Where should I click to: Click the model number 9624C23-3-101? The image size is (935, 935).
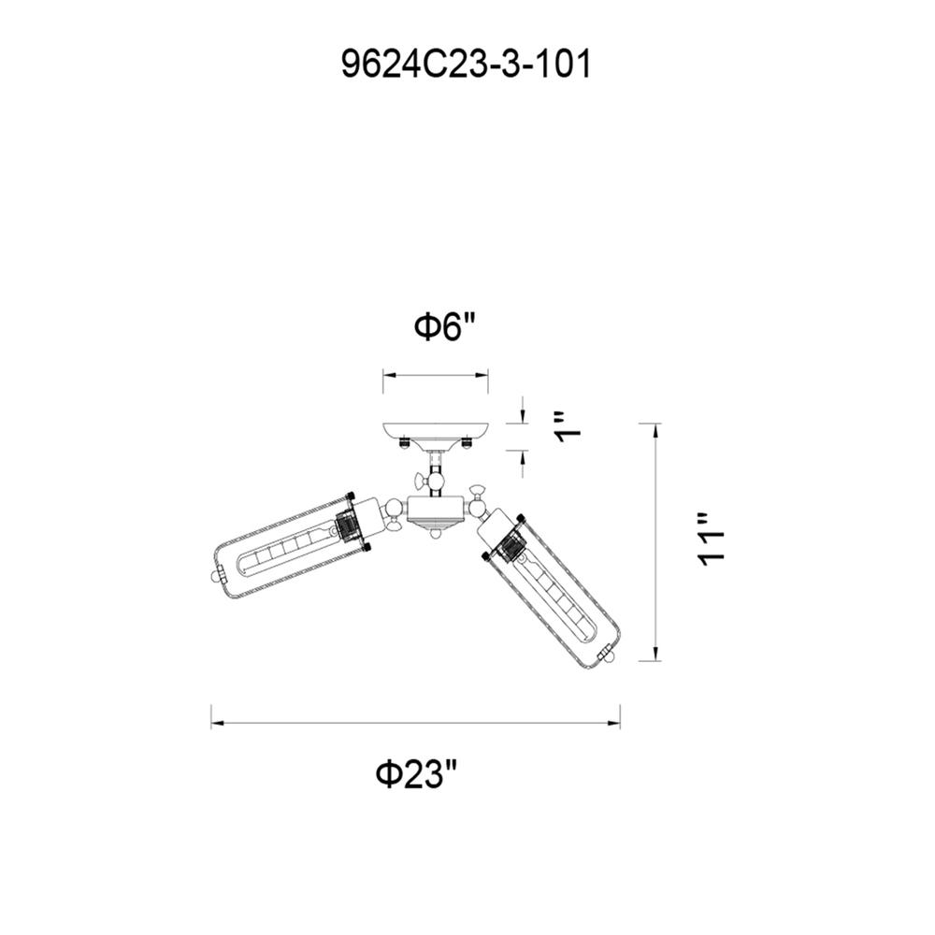[x=467, y=64]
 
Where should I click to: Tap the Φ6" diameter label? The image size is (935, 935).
[x=447, y=326]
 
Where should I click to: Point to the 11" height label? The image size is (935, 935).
[x=712, y=539]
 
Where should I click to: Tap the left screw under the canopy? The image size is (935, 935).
[x=404, y=442]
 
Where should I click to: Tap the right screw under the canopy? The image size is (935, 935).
[x=467, y=442]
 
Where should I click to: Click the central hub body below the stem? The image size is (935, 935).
[x=436, y=509]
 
